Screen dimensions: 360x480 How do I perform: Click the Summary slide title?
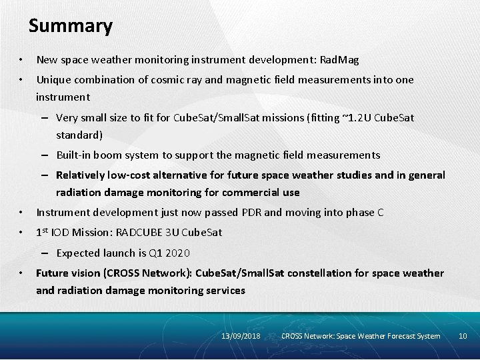pos(71,26)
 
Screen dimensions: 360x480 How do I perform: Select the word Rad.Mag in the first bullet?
pos(339,60)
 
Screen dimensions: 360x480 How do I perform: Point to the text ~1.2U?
pos(356,118)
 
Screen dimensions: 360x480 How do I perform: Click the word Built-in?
pos(75,155)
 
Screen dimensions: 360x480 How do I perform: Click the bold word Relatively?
pos(83,175)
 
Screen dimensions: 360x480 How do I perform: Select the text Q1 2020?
pos(167,253)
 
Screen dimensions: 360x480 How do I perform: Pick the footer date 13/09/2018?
pos(241,336)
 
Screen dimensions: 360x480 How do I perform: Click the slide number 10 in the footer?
pos(463,336)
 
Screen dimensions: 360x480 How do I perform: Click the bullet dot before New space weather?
pos(22,61)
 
